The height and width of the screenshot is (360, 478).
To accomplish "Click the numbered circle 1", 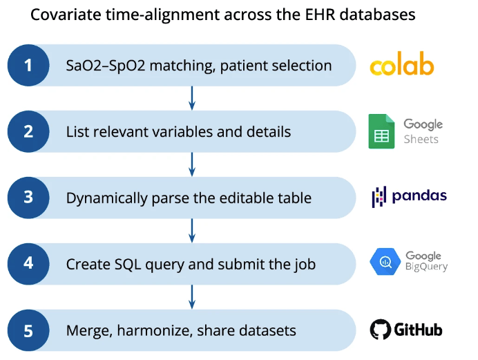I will pos(28,66).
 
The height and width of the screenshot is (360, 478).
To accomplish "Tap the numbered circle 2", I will pos(28,131).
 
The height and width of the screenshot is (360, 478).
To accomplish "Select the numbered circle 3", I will pos(28,198).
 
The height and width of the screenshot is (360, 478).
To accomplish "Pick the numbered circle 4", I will pos(28,264).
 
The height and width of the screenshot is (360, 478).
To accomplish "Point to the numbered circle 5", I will pos(28,330).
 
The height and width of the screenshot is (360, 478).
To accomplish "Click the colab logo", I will pos(401,66).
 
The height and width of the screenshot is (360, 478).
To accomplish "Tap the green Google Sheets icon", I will pos(382,131).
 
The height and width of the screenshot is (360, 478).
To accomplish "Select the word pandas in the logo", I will pos(419,196).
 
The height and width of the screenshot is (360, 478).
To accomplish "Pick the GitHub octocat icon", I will pos(380,329).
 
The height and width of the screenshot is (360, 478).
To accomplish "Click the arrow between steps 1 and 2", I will pos(192,98).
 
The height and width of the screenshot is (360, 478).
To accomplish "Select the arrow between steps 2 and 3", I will pos(192,164).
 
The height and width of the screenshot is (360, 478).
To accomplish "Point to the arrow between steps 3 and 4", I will pos(192,231).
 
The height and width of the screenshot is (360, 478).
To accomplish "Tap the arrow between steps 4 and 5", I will pos(192,297).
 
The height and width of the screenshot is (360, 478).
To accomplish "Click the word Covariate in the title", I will pos(61,15).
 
